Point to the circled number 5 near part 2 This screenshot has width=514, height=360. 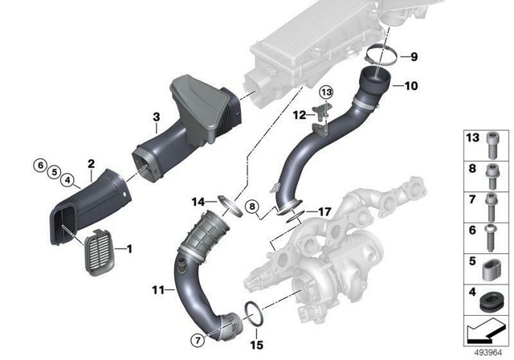(x=53, y=172)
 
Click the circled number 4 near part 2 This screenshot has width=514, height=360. (x=68, y=179)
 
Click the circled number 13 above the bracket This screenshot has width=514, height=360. (x=326, y=96)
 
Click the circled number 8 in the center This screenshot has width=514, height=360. (x=251, y=207)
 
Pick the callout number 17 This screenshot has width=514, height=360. (x=324, y=213)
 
